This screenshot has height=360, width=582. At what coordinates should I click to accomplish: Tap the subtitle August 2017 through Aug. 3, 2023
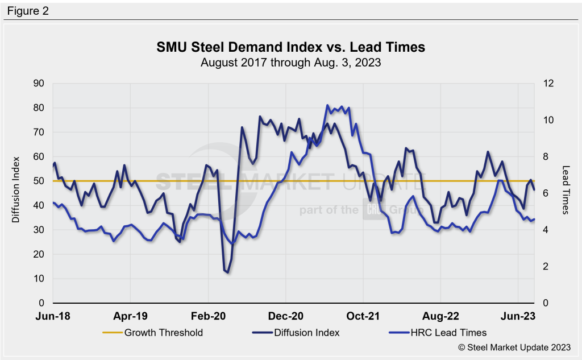[290, 63]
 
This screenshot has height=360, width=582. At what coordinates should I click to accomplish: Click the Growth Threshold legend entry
[164, 332]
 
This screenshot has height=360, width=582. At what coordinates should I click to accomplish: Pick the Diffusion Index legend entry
[306, 332]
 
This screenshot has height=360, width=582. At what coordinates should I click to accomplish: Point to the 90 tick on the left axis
[39, 83]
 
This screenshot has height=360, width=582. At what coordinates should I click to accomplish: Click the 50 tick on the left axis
[39, 181]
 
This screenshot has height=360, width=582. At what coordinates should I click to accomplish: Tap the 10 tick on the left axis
[39, 279]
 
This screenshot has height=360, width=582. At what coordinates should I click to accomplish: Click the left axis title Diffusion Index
[16, 189]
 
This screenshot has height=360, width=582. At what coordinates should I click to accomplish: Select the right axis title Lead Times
[566, 190]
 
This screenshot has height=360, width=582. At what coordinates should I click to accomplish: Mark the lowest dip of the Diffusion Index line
[227, 272]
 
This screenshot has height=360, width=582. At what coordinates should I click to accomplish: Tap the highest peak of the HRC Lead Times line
[327, 105]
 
